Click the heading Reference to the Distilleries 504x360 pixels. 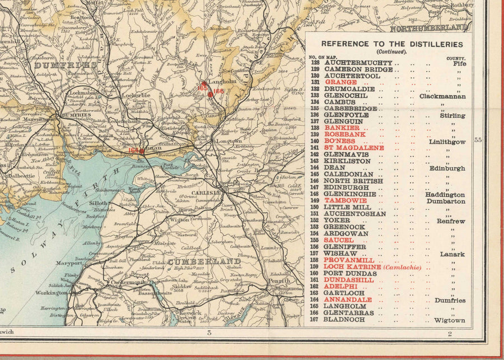[392, 44]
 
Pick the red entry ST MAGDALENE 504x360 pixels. [354, 148]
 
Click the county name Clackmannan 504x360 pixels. [442, 96]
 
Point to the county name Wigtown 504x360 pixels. [449, 320]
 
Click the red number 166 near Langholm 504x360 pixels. [218, 91]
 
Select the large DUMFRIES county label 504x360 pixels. [58, 65]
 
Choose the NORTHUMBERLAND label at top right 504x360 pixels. [428, 27]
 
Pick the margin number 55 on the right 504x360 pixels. [478, 141]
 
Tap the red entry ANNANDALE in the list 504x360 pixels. [348, 300]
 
